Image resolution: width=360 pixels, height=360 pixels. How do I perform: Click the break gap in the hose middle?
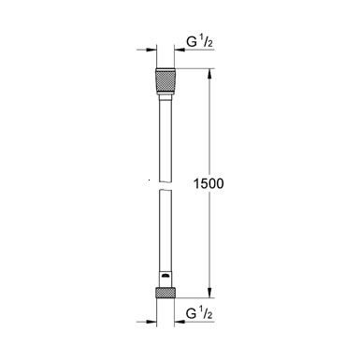tap(165, 184)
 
